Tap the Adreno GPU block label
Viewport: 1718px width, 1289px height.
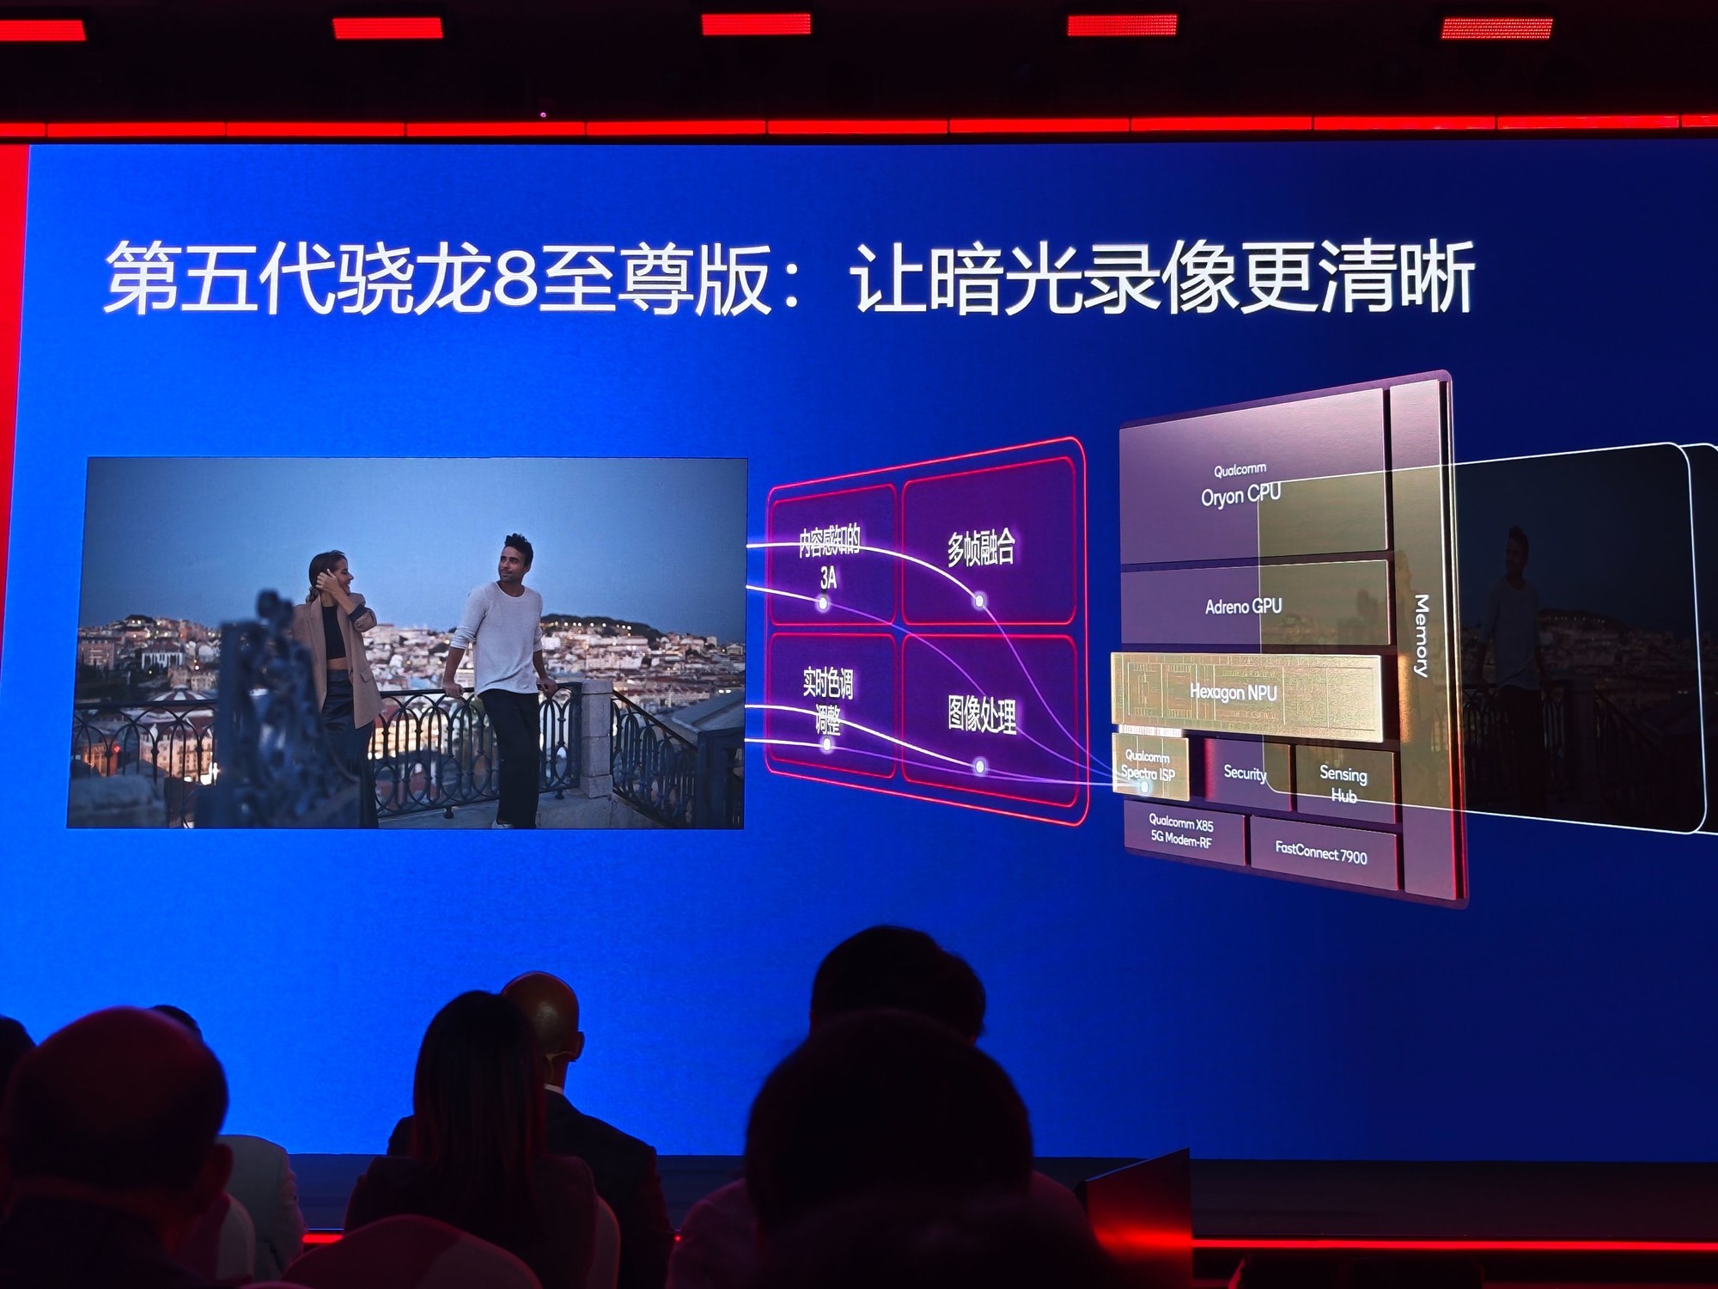pos(1243,607)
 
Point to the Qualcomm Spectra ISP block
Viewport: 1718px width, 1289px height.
pos(1148,767)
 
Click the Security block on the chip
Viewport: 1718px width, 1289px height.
pos(1245,773)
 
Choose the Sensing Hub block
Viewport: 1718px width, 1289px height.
pos(1343,784)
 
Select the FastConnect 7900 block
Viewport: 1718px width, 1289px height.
pos(1320,852)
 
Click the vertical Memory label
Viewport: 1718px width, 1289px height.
pos(1421,636)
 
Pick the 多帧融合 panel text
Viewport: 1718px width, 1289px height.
pos(981,547)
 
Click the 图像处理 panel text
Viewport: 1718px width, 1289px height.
pos(982,714)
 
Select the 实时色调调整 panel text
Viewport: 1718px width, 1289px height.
pos(828,700)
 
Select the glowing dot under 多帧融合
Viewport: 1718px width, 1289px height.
pos(978,601)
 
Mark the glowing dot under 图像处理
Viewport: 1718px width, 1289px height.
pos(981,766)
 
